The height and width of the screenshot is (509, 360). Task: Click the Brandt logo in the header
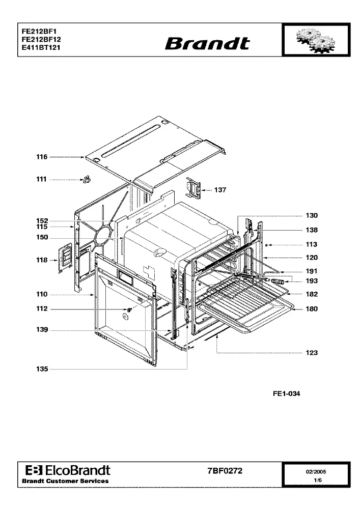click(207, 43)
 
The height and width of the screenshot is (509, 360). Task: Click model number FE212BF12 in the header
click(41, 39)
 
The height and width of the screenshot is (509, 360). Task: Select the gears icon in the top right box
click(316, 40)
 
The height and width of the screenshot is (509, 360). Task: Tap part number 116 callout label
click(42, 157)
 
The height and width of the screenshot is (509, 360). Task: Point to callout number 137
click(220, 190)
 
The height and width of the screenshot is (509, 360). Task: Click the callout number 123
click(312, 353)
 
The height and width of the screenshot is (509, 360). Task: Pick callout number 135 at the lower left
click(42, 369)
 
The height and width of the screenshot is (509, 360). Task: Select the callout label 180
click(312, 309)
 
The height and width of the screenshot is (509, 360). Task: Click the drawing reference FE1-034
click(287, 394)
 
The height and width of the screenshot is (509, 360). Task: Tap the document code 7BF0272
click(225, 471)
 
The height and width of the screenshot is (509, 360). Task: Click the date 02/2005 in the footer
click(316, 472)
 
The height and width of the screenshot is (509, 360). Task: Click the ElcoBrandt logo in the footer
click(68, 470)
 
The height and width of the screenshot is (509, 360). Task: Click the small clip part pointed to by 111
click(87, 179)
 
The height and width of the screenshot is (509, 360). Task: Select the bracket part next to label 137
click(193, 188)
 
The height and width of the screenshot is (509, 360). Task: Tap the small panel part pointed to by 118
click(65, 257)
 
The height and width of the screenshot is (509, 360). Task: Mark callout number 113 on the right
click(312, 245)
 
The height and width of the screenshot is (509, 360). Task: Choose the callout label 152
click(42, 221)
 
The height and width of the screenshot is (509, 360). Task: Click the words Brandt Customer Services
click(65, 482)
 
